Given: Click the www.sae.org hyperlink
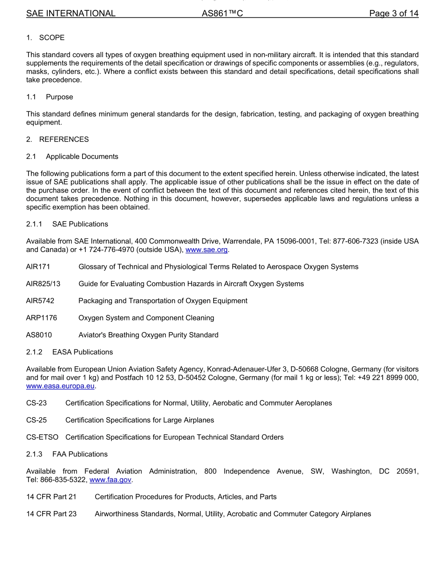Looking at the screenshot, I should (207, 250).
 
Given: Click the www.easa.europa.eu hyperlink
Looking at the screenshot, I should (61, 386).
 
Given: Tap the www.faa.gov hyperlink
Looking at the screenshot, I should (111, 480).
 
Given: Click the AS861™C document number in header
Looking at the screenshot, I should (222, 14).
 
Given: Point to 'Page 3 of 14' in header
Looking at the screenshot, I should (393, 14).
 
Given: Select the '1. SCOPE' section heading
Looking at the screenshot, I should (45, 37).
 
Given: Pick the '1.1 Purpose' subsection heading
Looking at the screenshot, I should (50, 97).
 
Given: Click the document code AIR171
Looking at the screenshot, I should (38, 267).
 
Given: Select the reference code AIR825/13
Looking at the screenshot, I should (43, 284).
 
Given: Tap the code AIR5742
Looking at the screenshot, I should (40, 301).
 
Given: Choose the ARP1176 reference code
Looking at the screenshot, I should (41, 318).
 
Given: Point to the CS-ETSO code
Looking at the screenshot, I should (42, 437).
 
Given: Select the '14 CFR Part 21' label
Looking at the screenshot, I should (51, 497).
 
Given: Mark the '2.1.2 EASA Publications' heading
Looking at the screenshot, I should (69, 352).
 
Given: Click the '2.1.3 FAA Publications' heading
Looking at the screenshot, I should (67, 454).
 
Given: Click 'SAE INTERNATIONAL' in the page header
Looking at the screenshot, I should (71, 14).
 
